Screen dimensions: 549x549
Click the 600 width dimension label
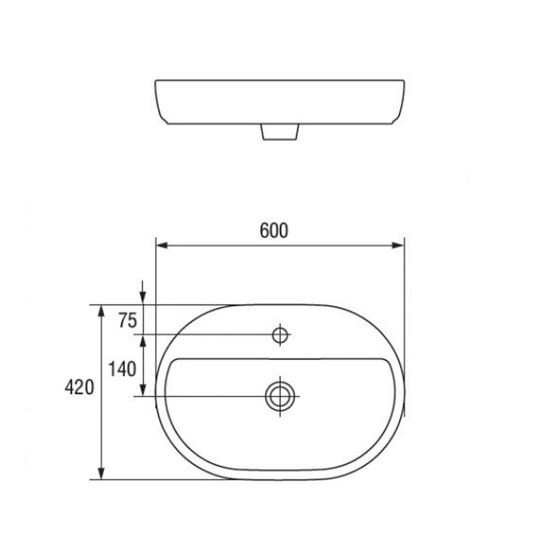coord(274,231)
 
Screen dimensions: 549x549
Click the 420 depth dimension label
coord(80,387)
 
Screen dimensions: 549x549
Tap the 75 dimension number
coord(127,321)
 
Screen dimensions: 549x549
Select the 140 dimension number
coord(122,369)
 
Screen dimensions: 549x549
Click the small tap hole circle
coord(280,335)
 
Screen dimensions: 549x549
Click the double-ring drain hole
coord(280,396)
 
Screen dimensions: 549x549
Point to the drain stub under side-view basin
coord(280,132)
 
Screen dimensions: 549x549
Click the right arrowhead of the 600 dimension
coord(397,245)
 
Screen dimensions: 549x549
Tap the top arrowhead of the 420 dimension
coord(101,311)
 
